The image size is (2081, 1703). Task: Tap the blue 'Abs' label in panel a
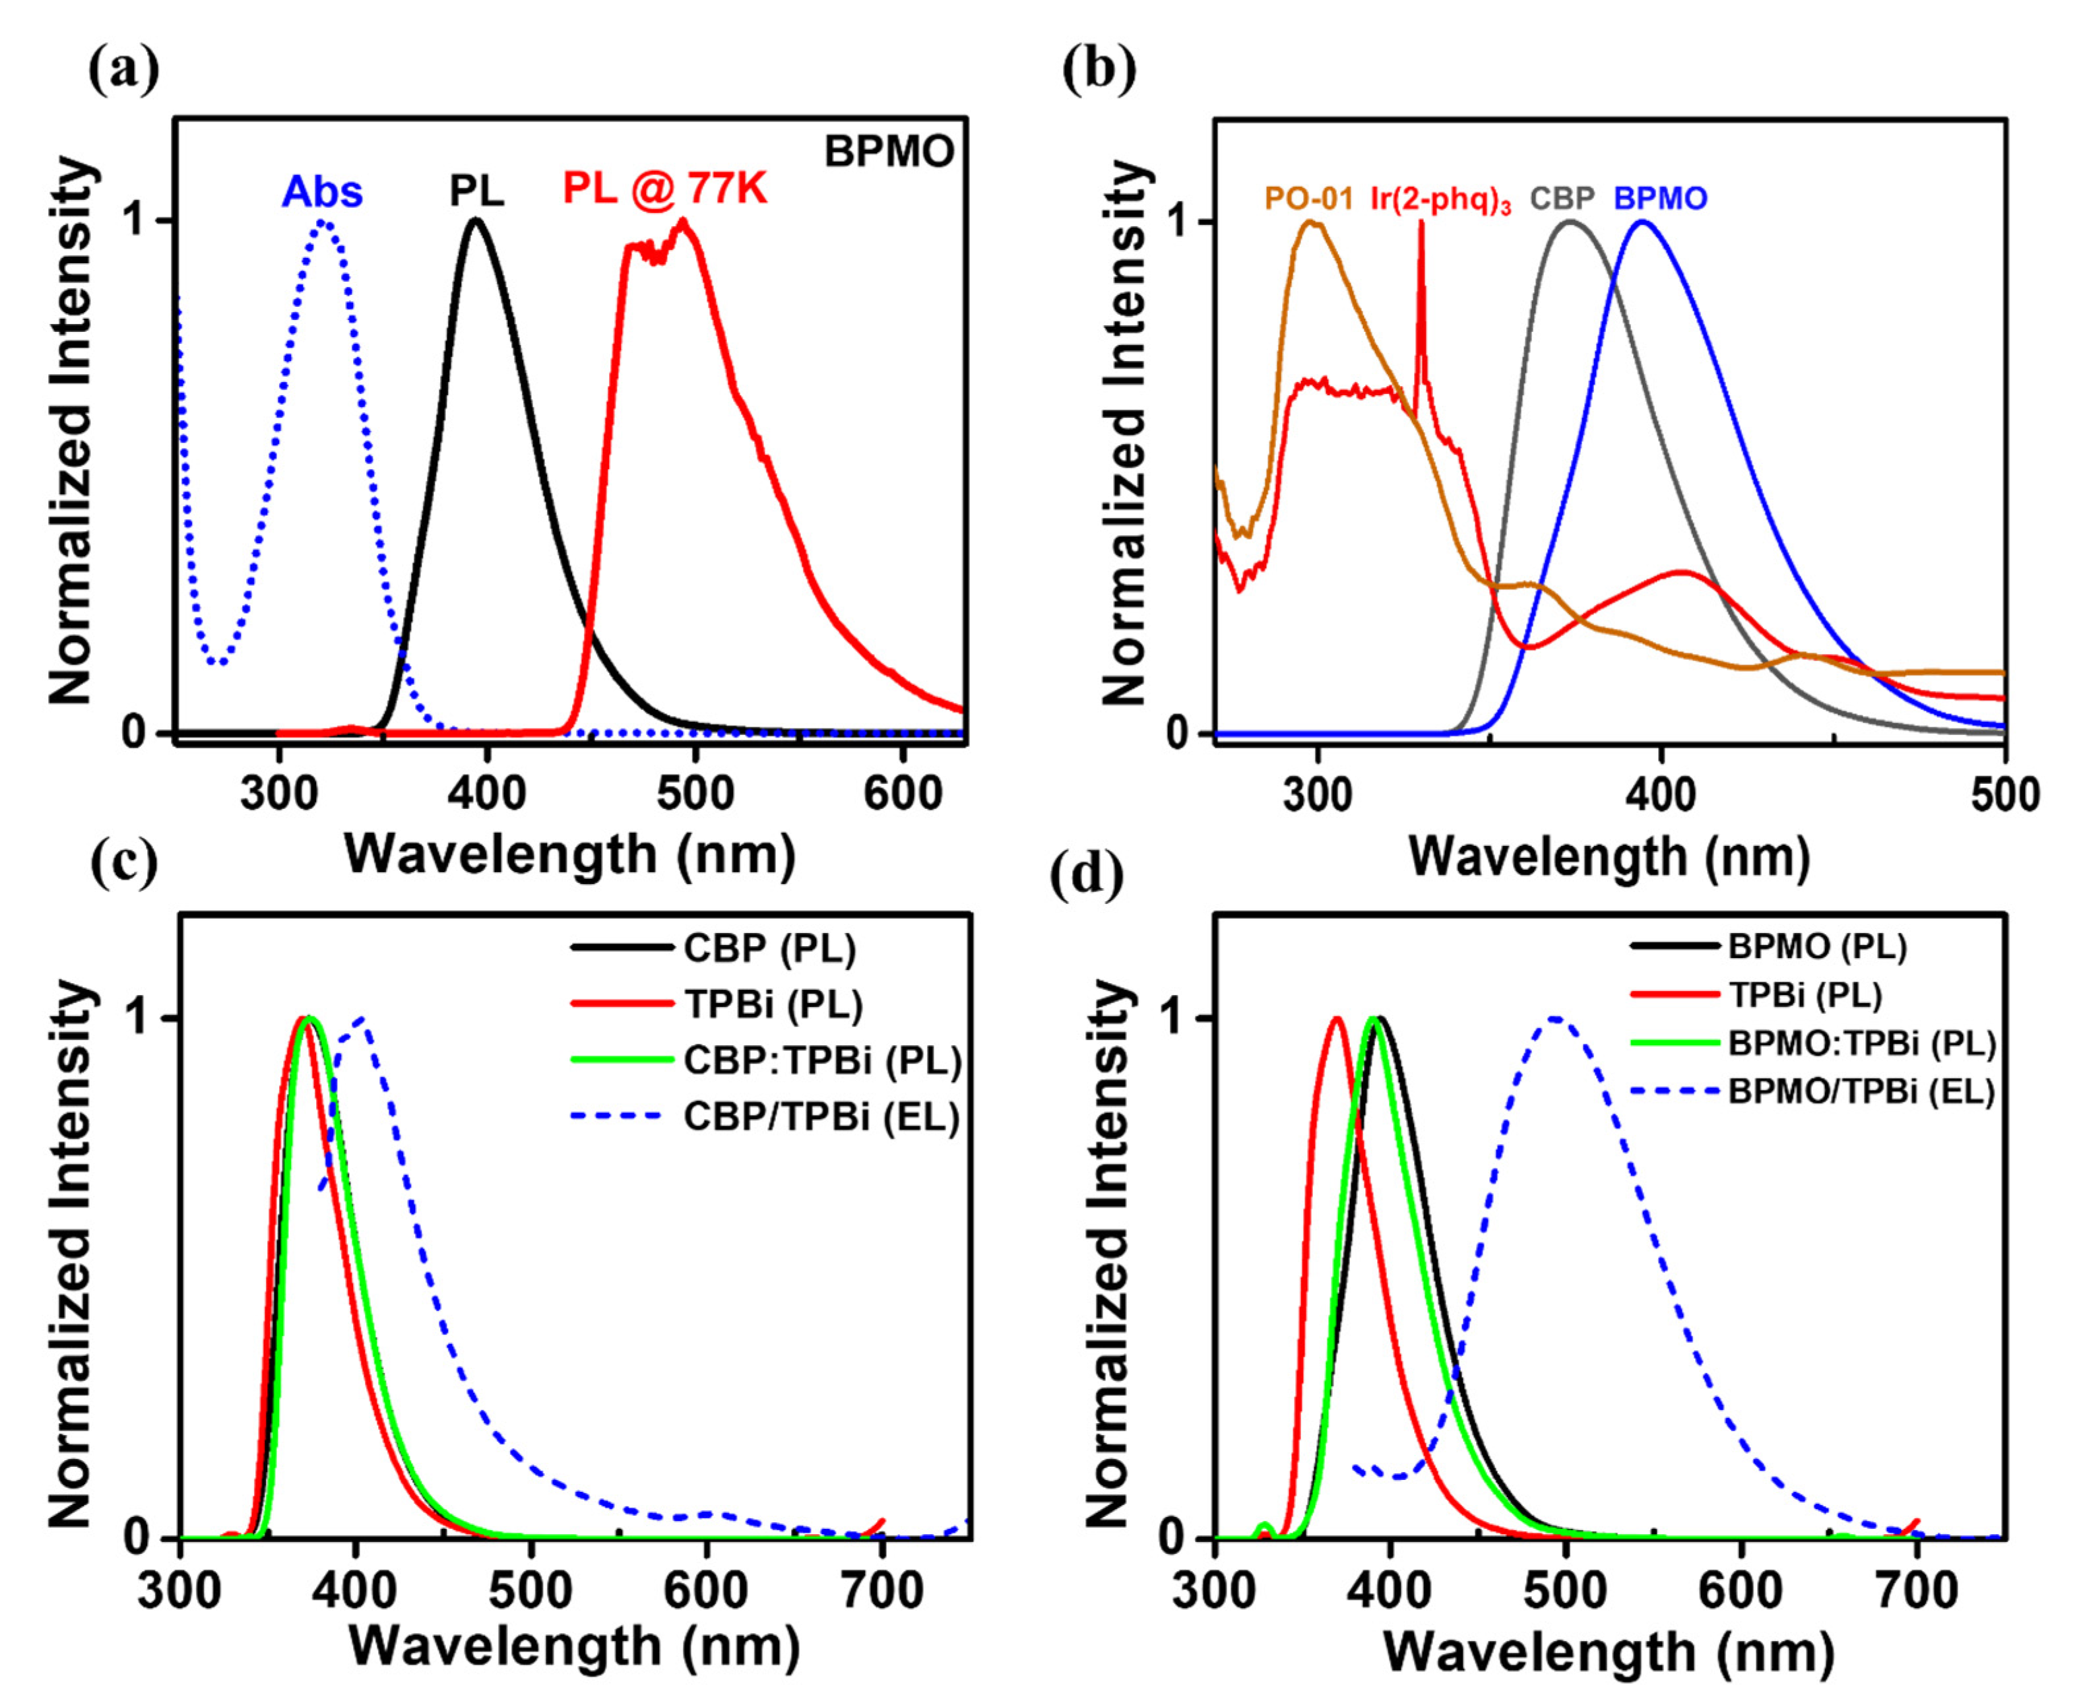[x=322, y=192]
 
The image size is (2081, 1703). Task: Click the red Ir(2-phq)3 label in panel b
[x=1440, y=200]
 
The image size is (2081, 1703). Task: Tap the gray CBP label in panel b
[x=1562, y=199]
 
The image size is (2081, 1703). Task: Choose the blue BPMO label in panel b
[x=1660, y=199]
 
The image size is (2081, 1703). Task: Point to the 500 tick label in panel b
[x=2004, y=794]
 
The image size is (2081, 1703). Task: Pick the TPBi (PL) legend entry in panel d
[x=1805, y=995]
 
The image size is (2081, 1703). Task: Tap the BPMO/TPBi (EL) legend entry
[x=1861, y=1092]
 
